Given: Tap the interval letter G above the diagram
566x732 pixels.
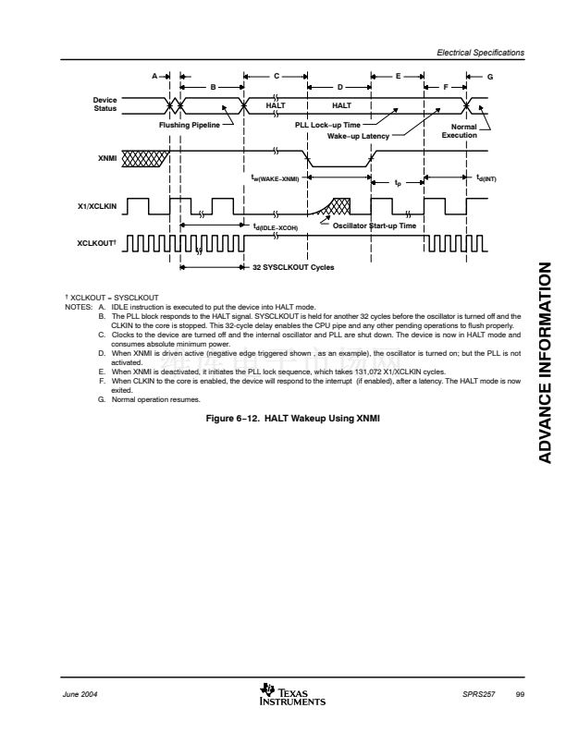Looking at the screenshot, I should pyautogui.click(x=490, y=76).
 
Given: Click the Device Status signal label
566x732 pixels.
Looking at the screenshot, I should pyautogui.click(x=105, y=105).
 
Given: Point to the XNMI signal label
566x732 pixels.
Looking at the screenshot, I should pyautogui.click(x=107, y=159).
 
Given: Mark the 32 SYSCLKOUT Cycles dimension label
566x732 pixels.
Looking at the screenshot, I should pyautogui.click(x=293, y=267).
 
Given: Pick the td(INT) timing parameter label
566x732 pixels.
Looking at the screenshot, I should pyautogui.click(x=486, y=179).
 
